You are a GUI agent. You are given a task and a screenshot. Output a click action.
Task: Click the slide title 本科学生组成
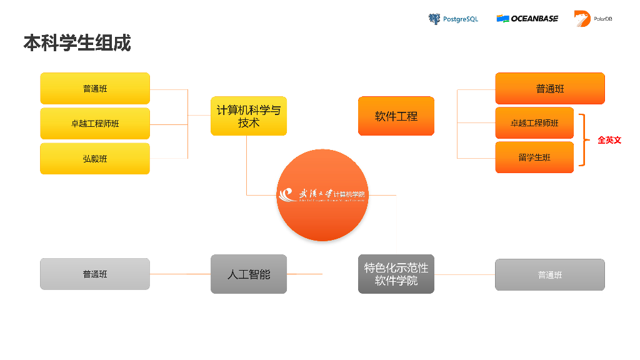77,43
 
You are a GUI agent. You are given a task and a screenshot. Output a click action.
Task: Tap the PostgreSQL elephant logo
434,19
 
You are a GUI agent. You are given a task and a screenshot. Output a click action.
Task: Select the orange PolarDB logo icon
582,19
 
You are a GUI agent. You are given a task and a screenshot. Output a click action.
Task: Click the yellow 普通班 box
95,89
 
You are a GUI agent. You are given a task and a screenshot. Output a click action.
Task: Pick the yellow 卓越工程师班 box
95,124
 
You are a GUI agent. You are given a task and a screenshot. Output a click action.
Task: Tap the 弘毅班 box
95,159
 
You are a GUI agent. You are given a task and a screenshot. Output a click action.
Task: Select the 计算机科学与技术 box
249,116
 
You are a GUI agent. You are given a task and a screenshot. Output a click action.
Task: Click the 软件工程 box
396,116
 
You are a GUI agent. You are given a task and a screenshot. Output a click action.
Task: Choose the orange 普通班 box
550,89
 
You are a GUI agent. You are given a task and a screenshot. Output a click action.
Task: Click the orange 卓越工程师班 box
534,123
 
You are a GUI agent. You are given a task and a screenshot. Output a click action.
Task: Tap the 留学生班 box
534,157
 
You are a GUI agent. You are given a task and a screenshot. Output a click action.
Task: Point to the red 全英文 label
609,140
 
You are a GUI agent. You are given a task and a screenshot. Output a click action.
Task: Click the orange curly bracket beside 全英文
584,140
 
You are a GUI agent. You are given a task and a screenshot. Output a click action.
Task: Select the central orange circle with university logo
322,195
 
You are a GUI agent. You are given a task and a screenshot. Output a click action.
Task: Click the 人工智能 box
249,274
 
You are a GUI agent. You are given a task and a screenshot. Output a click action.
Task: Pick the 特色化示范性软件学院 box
396,274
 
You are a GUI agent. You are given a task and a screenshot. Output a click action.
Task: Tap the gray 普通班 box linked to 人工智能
95,274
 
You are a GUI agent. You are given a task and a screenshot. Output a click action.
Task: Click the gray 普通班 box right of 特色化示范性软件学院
550,274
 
